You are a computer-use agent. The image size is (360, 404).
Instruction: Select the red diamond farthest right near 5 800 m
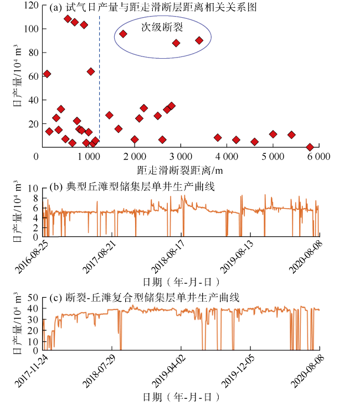pos(310,147)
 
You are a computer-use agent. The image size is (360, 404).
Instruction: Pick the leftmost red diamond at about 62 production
pos(47,74)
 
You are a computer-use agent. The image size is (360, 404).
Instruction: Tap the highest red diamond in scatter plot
pos(68,19)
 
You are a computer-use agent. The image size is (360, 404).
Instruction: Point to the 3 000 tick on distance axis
pos(181,157)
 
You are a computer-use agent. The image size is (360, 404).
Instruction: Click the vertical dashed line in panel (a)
pos(99,83)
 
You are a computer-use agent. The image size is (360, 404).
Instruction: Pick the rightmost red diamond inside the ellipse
pos(199,40)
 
